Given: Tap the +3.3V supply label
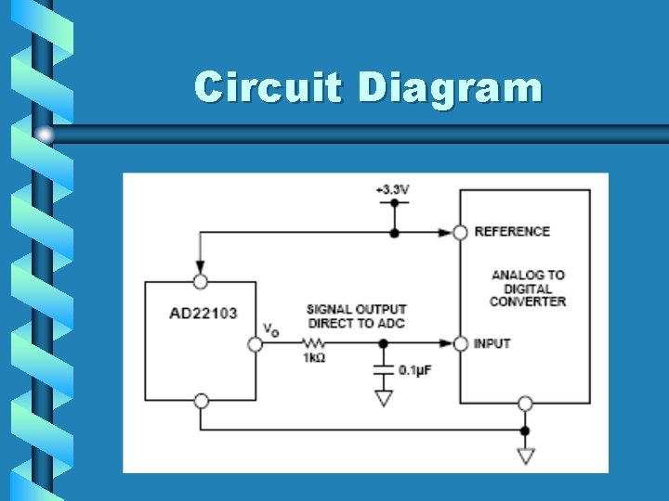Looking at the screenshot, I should (392, 189).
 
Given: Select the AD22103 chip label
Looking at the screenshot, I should (203, 313).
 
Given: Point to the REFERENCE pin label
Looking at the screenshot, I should (512, 231).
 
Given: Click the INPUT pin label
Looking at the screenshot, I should (492, 343).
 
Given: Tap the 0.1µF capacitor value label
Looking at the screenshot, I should (414, 370).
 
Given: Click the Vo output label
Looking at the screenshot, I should (270, 328).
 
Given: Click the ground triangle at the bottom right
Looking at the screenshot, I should (525, 456).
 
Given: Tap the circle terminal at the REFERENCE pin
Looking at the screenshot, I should (459, 232).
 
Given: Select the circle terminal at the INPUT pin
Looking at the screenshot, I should (459, 344).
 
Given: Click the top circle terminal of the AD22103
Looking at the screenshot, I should (200, 281).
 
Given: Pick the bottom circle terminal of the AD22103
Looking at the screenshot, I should (201, 402).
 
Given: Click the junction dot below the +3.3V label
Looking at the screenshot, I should (394, 232).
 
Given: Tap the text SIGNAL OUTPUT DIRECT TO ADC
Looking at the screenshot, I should (356, 316).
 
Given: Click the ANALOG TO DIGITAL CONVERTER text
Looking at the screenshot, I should (528, 288).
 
